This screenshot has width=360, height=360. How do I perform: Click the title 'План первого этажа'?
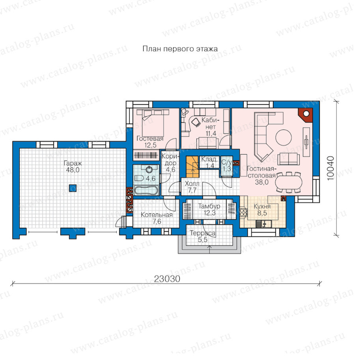[180, 49]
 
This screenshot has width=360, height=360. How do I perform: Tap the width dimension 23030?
[167, 279]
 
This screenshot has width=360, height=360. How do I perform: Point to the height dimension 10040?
[330, 168]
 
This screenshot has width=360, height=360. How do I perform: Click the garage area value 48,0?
[73, 170]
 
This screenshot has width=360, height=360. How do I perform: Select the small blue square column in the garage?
[73, 188]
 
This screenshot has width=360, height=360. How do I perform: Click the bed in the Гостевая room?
[153, 123]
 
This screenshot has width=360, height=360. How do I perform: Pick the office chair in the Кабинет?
[196, 122]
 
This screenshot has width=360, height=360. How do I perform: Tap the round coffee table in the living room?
[284, 137]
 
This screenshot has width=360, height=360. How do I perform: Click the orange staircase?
[192, 167]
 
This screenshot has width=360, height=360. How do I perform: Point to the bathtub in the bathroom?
[146, 191]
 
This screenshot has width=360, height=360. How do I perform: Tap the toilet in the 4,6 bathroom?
[139, 178]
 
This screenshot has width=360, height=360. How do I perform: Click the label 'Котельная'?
[157, 215]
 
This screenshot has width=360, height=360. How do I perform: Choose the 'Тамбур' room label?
[209, 206]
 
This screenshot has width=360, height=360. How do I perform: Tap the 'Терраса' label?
[203, 233]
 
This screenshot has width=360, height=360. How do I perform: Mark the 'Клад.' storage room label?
[209, 159]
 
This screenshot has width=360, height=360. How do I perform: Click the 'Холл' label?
[192, 184]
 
